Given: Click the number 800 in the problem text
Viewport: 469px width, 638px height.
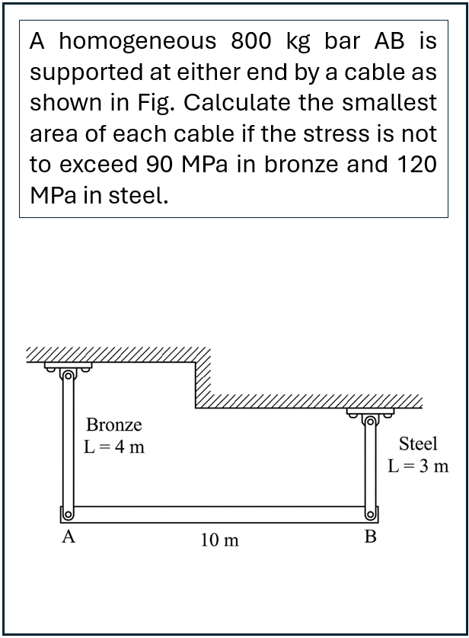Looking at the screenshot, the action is click(250, 40).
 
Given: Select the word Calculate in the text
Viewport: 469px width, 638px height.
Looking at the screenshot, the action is click(237, 102).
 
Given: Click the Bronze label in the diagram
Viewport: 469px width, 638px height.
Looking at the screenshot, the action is click(113, 425).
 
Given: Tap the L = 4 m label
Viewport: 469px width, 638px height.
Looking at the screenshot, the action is click(113, 447).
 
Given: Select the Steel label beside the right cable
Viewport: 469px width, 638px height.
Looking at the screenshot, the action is click(418, 444).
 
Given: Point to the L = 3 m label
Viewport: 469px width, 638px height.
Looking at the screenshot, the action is click(418, 466).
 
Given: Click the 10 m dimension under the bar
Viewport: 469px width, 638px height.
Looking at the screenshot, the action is click(220, 540).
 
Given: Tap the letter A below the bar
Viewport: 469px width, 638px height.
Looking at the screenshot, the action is click(69, 537).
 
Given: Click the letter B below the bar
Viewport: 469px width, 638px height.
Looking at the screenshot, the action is click(371, 537).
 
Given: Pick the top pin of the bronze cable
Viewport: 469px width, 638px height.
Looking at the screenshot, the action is click(69, 375).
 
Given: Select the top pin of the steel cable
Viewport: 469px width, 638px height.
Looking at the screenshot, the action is click(370, 421).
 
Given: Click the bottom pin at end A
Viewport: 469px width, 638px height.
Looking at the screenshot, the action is click(69, 515).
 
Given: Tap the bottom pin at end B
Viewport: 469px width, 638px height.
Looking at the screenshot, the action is click(370, 515).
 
